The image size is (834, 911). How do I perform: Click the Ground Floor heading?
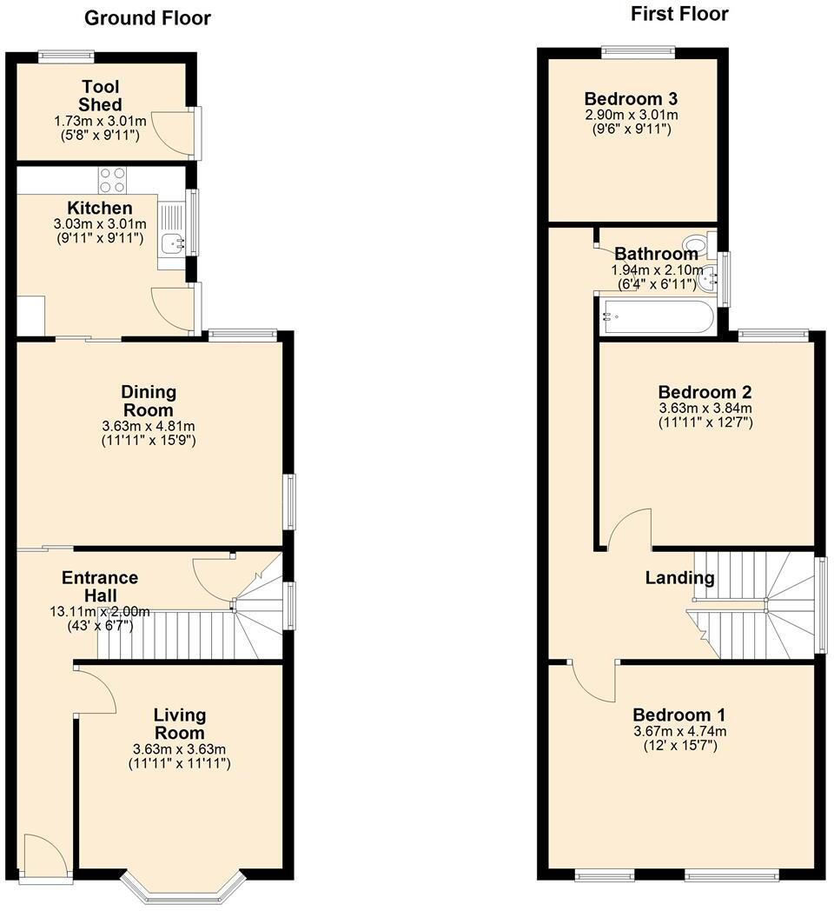pos(148,18)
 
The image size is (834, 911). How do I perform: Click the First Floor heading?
pos(679,14)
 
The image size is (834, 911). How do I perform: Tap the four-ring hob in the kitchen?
pos(112,180)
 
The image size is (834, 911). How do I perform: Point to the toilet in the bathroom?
pos(696,243)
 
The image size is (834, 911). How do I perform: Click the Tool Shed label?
pos(102,96)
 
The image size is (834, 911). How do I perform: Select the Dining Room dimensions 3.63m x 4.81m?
pos(148,427)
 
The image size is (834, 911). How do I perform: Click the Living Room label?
pos(180,723)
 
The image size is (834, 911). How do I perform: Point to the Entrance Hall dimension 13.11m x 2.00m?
pos(99,612)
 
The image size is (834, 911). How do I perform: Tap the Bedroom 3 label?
pos(631,98)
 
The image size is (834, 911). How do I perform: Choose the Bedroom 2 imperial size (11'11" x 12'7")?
pos(705,422)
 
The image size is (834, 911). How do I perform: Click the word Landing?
pos(679,578)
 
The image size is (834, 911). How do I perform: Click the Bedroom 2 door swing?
pos(629,530)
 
